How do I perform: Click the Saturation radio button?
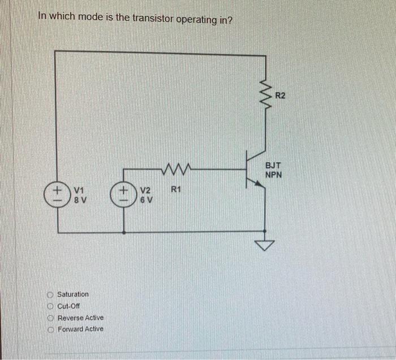[50, 294]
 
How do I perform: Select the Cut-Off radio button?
[50, 306]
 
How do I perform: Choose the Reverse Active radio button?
[50, 318]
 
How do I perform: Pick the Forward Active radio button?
[50, 329]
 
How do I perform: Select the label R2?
[281, 96]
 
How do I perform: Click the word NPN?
[273, 175]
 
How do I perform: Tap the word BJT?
[273, 166]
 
